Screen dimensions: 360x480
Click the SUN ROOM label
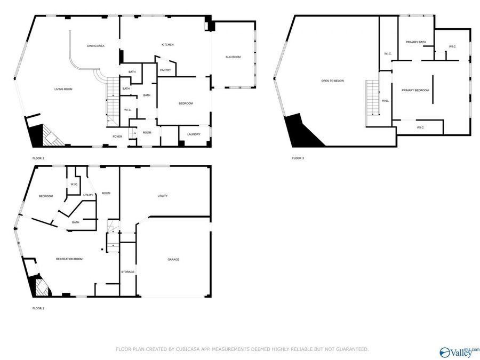point(233,57)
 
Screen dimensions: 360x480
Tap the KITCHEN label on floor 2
point(168,44)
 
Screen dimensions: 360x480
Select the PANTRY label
point(165,70)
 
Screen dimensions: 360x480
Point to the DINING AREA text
point(95,46)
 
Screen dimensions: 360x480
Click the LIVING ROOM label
point(63,89)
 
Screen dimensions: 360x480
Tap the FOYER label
point(117,137)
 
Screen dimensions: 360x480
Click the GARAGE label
point(173,260)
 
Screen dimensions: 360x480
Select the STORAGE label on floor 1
point(127,272)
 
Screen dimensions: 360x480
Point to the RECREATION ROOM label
point(69,259)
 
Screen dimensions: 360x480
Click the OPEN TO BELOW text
point(332,81)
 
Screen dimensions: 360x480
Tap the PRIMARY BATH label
point(415,42)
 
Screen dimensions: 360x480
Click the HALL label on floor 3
point(385,100)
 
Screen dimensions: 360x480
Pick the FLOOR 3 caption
point(298,158)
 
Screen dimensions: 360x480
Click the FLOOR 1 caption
point(38,308)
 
